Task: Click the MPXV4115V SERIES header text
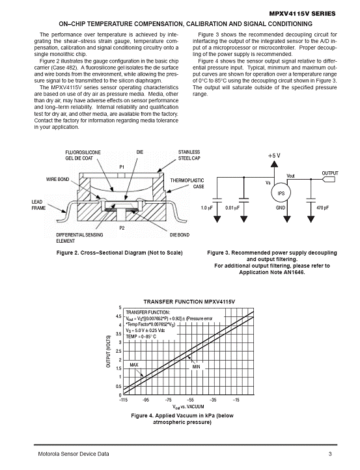(302, 14)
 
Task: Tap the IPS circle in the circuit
(281, 193)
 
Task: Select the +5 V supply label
(274, 156)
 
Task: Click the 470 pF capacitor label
(322, 208)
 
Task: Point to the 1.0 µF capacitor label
(206, 208)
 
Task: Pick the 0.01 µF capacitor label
(232, 208)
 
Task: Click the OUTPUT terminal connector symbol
(329, 180)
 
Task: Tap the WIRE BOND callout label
(57, 179)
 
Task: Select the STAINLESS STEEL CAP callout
(189, 155)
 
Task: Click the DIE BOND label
(180, 235)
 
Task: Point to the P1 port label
(122, 167)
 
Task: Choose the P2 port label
(122, 228)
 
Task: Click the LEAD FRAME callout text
(38, 204)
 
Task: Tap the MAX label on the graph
(134, 365)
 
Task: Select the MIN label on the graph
(196, 366)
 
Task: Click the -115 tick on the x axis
(123, 400)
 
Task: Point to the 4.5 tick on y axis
(118, 316)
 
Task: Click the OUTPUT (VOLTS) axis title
(109, 351)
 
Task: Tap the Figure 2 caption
(119, 253)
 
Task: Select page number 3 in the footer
(330, 454)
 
